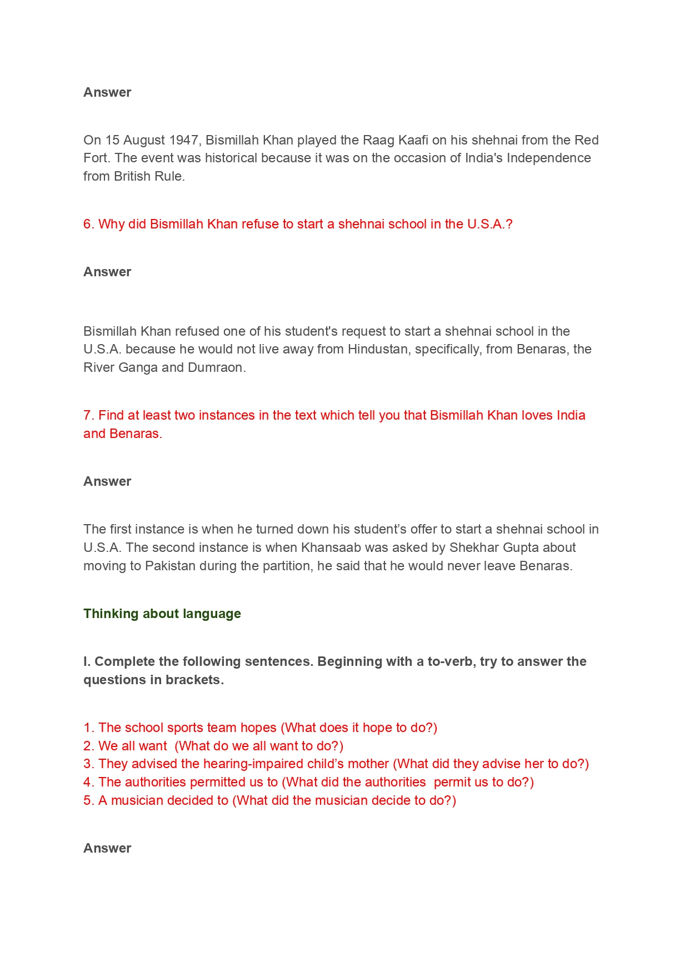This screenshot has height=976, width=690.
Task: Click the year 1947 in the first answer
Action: [184, 140]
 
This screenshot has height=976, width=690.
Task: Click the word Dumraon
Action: [221, 367]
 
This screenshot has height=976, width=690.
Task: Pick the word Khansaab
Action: [330, 547]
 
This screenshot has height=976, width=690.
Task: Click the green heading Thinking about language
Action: [162, 614]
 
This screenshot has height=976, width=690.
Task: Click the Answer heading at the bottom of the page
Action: [107, 848]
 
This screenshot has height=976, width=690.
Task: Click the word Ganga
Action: [138, 367]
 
